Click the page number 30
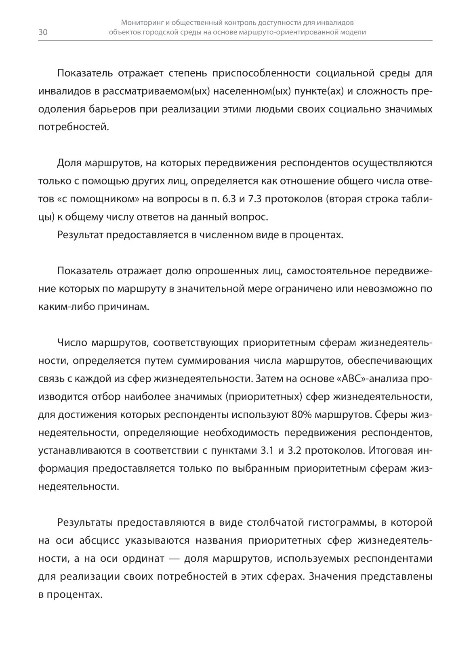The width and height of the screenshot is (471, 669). coord(43,33)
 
